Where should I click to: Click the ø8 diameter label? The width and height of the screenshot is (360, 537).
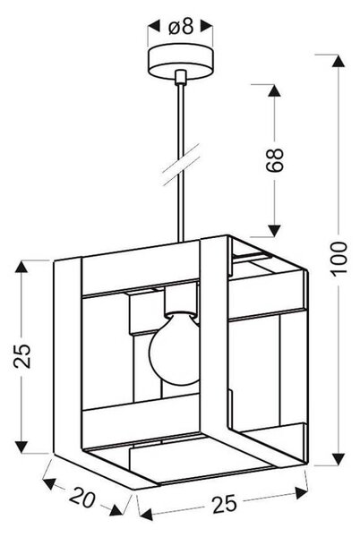coord(181,27)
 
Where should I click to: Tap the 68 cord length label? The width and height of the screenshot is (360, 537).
coord(274,159)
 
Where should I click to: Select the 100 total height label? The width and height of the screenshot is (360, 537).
coord(339,257)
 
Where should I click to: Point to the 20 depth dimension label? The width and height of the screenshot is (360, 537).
coord(82,498)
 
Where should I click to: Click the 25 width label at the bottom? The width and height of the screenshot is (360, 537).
coord(225,504)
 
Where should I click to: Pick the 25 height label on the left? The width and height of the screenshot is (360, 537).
coord(22,355)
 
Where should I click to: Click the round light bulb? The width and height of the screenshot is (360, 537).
coord(176,353)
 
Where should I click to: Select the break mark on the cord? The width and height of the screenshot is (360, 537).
coord(181,165)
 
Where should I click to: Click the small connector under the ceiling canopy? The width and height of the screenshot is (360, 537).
coord(180,77)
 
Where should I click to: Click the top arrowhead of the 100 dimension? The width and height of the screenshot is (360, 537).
coord(339,61)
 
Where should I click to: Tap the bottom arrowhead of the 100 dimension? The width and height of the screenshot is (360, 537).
coord(339,459)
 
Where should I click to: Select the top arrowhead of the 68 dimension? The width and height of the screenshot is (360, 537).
coord(274,90)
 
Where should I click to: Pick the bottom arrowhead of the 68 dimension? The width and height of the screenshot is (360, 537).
coord(274,231)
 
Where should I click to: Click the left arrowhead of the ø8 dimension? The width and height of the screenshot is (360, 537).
coord(154,27)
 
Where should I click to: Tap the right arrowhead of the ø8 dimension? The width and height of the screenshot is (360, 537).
coord(207,27)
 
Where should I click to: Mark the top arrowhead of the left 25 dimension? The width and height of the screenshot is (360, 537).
coord(21,267)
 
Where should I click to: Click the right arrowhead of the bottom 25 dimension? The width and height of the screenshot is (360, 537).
coord(301,493)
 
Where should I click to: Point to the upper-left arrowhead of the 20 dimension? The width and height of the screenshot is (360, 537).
coord(49,483)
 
